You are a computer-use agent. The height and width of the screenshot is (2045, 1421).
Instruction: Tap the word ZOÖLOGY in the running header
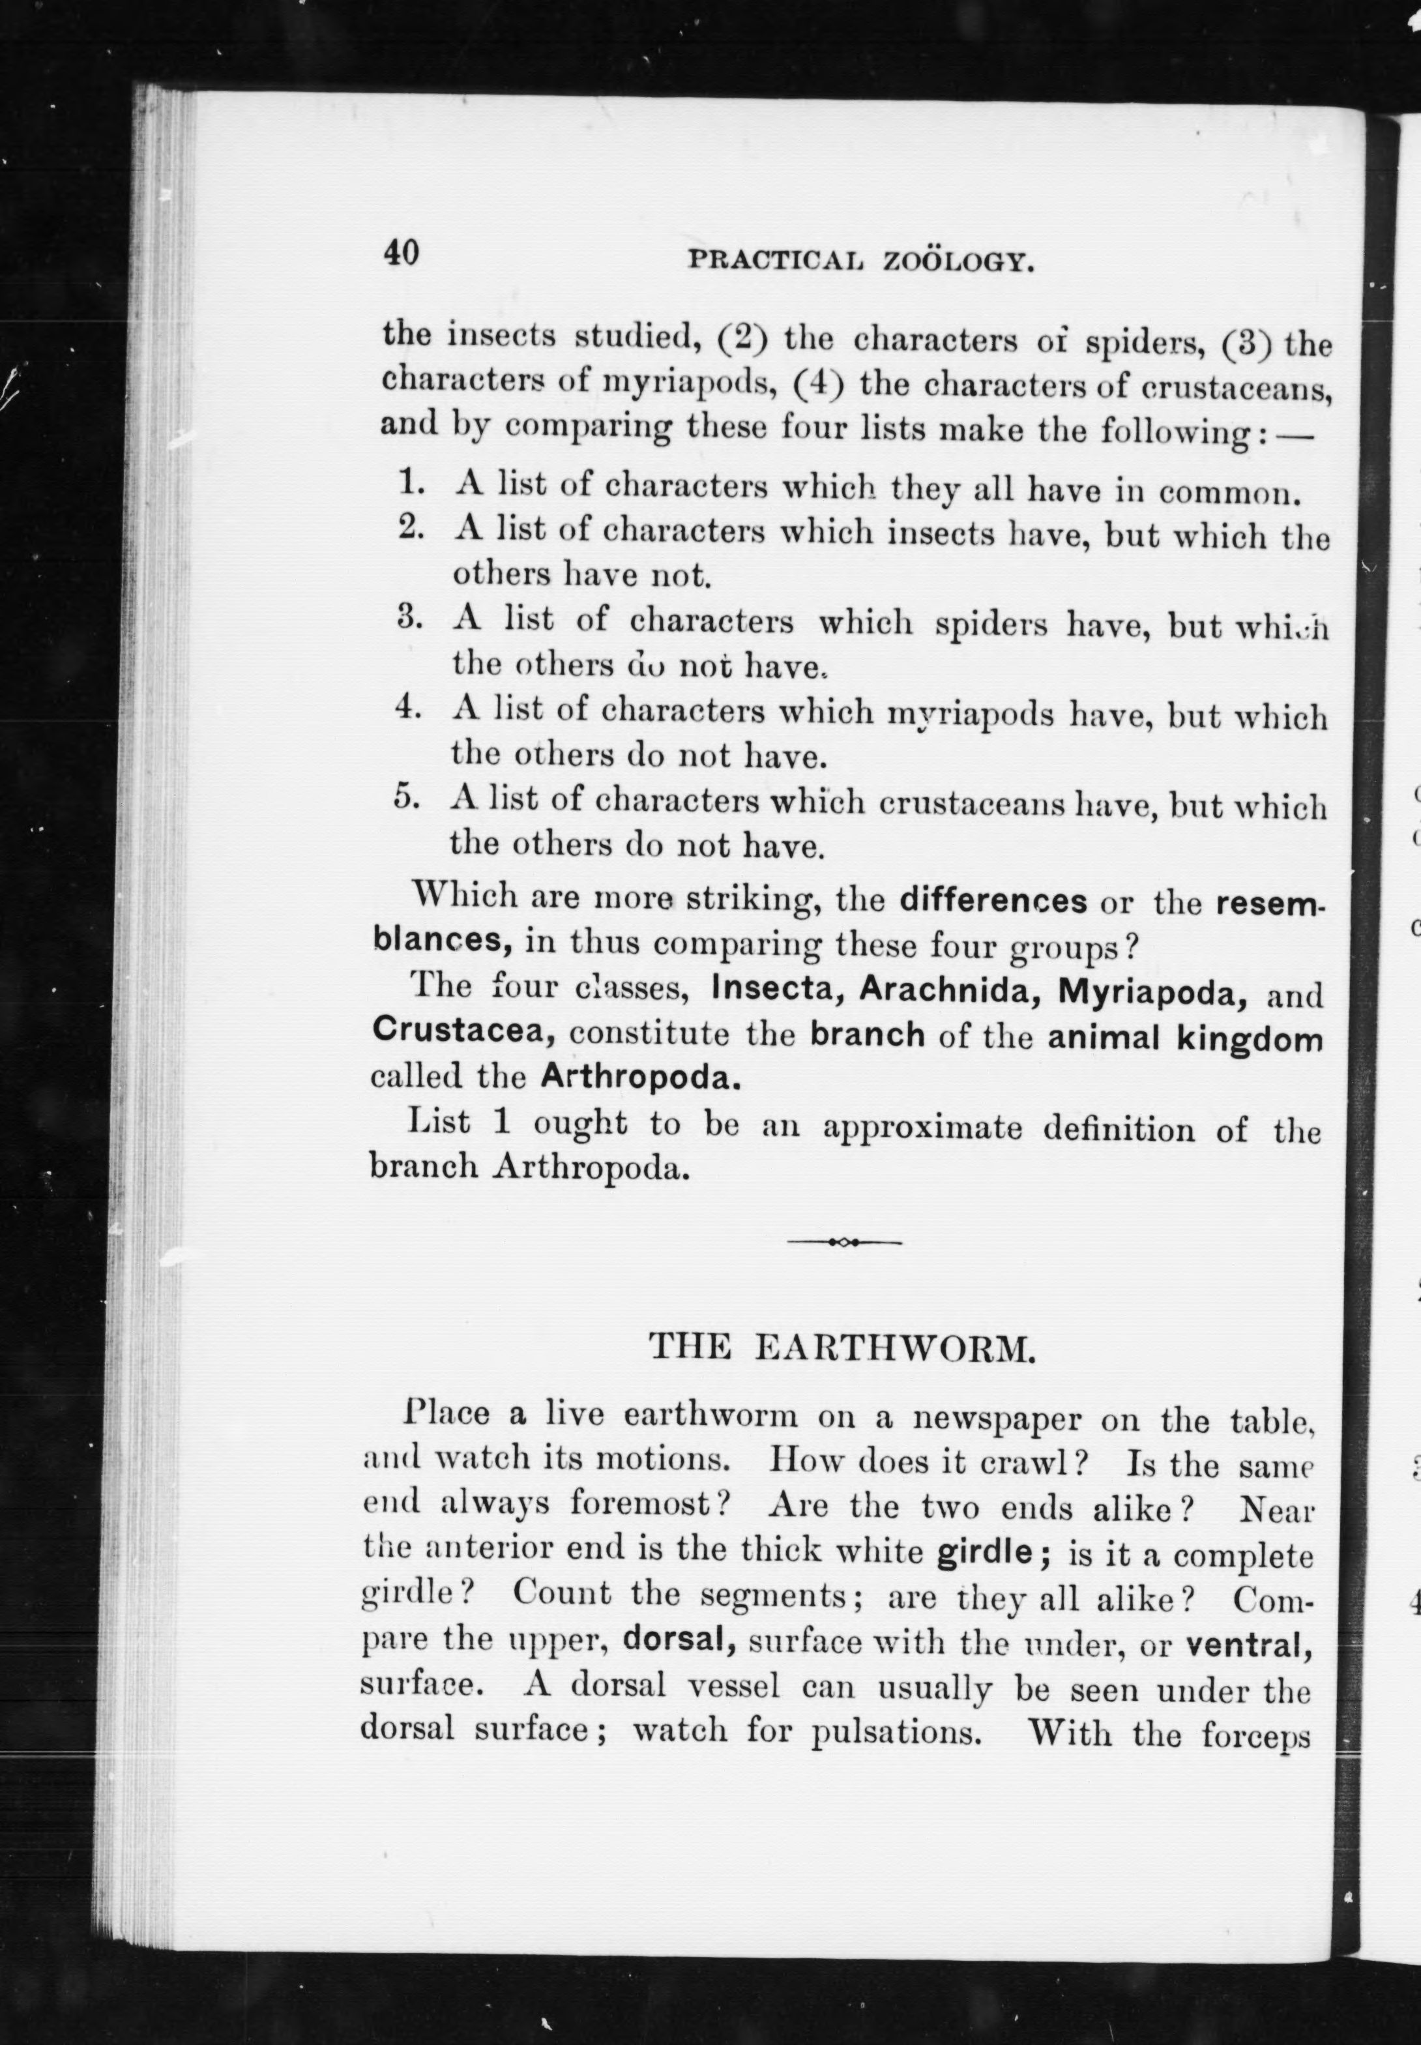[958, 263]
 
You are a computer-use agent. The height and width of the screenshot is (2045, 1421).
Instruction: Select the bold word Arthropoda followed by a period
[640, 1078]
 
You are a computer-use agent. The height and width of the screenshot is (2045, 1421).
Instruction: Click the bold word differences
[993, 900]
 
